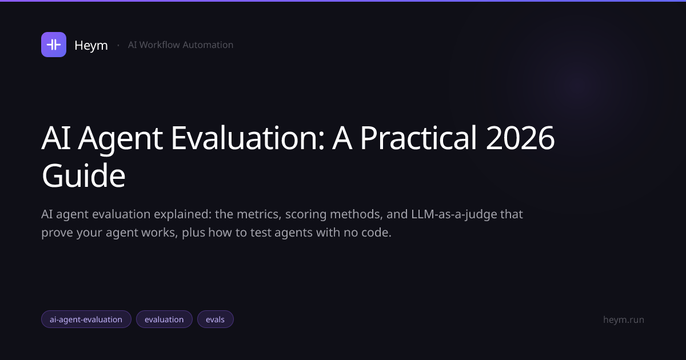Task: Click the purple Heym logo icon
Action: [54, 45]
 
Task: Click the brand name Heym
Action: [91, 46]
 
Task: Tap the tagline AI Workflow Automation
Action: [181, 45]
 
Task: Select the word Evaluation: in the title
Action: [248, 138]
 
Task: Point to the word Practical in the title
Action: [418, 138]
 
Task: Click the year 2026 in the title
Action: [520, 138]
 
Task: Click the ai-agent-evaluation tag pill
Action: [86, 319]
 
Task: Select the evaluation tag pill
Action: [164, 319]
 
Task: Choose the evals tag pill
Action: [216, 319]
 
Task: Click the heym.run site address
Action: [624, 319]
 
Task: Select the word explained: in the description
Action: [182, 215]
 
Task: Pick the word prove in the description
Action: [57, 233]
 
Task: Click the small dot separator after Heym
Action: [118, 46]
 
